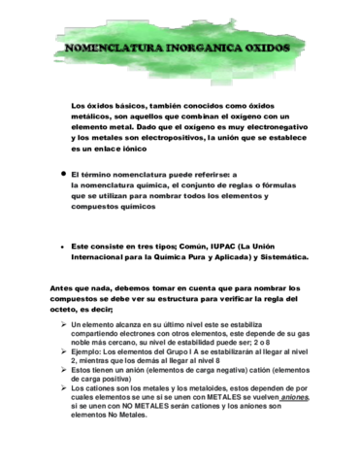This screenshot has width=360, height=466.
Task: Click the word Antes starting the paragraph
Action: [61, 287]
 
